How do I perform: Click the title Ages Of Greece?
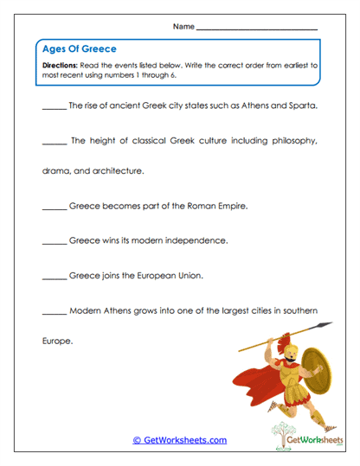point(79,49)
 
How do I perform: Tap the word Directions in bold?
point(60,65)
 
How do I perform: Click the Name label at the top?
point(183,28)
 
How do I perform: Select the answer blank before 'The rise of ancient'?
point(54,109)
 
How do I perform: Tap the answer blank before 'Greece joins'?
point(54,278)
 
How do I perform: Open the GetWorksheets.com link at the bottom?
point(179,440)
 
